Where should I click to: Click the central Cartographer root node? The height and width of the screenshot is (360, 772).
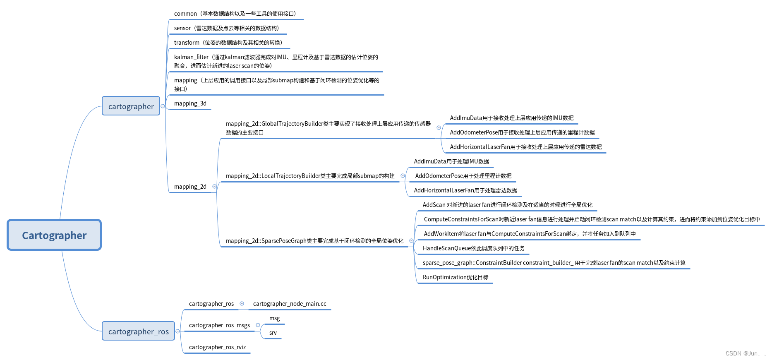[x=54, y=235]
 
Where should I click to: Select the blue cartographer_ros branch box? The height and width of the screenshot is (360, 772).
[x=138, y=331]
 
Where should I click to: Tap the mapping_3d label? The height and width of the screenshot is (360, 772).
[x=190, y=103]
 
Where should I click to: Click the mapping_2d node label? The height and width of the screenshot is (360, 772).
[x=190, y=187]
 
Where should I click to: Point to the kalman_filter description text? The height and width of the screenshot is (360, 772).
[x=276, y=61]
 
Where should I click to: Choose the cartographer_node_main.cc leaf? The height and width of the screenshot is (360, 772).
[x=289, y=304]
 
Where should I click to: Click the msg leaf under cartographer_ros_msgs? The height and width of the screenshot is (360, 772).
[x=274, y=318]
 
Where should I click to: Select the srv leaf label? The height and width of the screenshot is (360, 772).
[x=273, y=333]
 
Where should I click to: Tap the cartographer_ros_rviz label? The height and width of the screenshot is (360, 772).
[x=217, y=347]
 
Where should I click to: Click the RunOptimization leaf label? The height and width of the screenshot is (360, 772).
[x=455, y=277]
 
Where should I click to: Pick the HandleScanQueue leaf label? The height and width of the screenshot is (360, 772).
[x=473, y=248]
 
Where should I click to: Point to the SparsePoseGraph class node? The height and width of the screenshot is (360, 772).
[x=314, y=241]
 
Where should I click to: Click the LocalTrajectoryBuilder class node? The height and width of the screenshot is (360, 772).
[x=310, y=176]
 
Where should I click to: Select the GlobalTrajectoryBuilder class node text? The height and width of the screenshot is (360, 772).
[x=328, y=128]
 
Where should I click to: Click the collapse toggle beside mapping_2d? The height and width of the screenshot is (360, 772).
[x=214, y=187]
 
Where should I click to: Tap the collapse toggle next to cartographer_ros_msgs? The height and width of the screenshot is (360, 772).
[x=258, y=325]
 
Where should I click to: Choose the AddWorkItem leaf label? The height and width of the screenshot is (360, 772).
[x=529, y=234]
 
